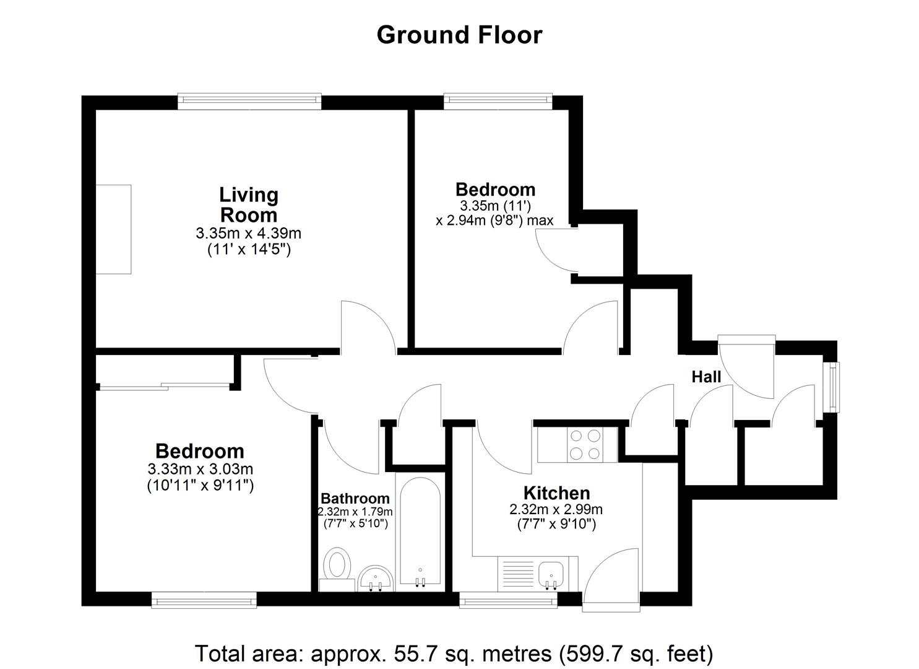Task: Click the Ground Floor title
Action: click(459, 35)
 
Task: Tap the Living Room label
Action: click(249, 205)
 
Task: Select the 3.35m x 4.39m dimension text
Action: click(249, 234)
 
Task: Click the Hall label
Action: click(706, 377)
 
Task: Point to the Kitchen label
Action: click(557, 493)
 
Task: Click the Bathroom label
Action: click(355, 498)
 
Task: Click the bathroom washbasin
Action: click(376, 579)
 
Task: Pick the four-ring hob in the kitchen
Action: click(585, 444)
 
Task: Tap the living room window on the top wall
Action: click(249, 102)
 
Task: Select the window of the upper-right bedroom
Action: click(498, 102)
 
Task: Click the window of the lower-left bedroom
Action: click(204, 600)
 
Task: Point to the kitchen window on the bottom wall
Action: click(508, 600)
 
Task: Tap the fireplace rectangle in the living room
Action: click(114, 229)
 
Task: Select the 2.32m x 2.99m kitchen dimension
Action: click(556, 510)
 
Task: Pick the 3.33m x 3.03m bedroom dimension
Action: click(201, 468)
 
